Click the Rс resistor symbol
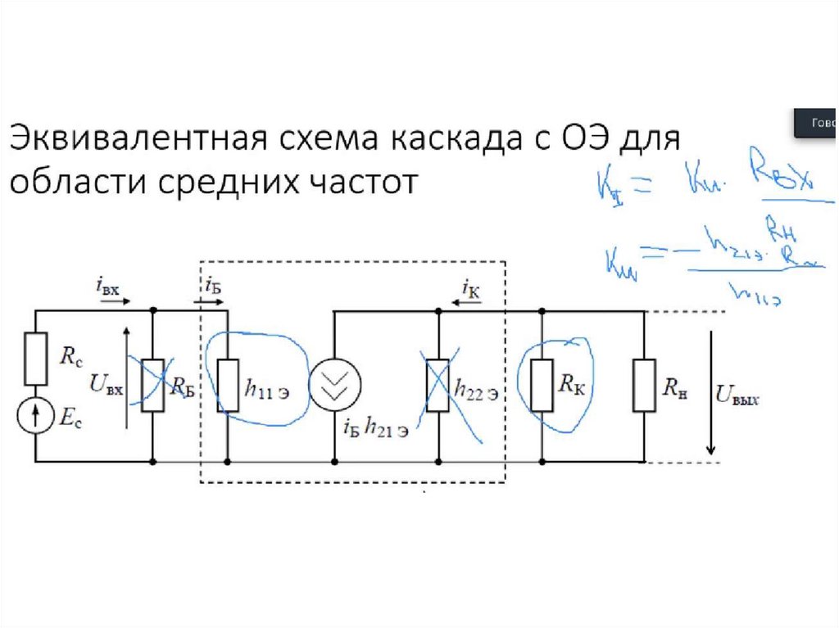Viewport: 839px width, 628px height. click(x=36, y=359)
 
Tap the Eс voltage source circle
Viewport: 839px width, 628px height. click(x=36, y=417)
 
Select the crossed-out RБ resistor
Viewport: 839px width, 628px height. click(x=153, y=385)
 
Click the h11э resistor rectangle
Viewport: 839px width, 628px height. click(x=227, y=385)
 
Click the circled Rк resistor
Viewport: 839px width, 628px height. click(x=542, y=385)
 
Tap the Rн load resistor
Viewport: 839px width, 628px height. click(x=644, y=385)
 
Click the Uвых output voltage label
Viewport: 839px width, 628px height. click(x=737, y=397)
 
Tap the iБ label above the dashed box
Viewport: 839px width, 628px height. click(x=211, y=287)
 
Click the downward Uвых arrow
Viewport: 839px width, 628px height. click(x=711, y=393)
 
